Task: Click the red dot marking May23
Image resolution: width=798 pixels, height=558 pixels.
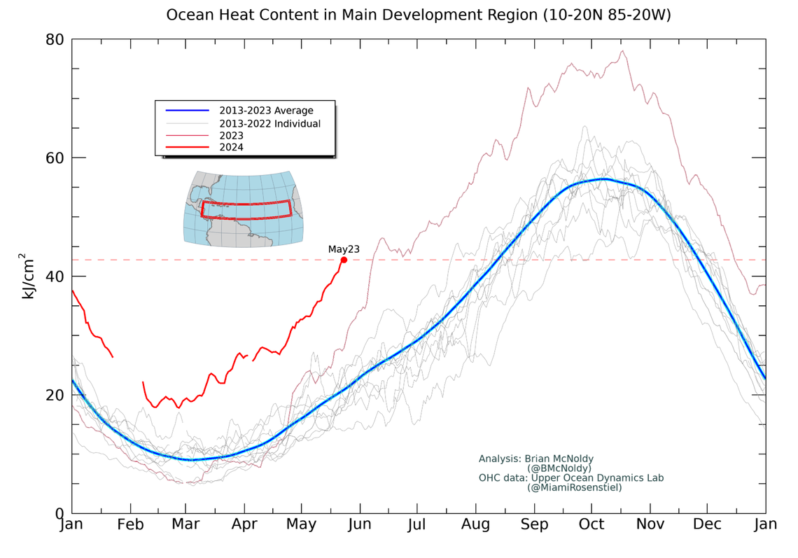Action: [344, 260]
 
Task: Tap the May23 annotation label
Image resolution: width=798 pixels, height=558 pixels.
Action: [344, 249]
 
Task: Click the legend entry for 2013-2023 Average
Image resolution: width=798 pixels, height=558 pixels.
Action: [266, 111]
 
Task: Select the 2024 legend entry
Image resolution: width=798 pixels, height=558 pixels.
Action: [231, 147]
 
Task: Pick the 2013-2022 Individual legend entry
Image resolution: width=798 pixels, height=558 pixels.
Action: [269, 123]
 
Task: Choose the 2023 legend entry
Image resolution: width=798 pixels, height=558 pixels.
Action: [231, 135]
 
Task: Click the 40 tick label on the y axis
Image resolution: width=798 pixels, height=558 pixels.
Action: [55, 277]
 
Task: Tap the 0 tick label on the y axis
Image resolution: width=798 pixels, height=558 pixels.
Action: [59, 513]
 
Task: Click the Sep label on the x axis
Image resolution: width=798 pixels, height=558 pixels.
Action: [534, 524]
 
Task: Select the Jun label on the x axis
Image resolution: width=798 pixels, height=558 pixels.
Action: [359, 524]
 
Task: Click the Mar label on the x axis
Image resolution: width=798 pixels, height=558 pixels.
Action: [185, 524]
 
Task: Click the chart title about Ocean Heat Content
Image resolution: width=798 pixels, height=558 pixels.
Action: [418, 15]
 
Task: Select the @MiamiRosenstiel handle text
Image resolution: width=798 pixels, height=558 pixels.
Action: [574, 487]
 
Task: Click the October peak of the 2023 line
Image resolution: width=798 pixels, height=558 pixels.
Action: [622, 50]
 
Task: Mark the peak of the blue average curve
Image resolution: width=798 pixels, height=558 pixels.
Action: [603, 179]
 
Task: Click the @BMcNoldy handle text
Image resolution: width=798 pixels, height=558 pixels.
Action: [559, 468]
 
